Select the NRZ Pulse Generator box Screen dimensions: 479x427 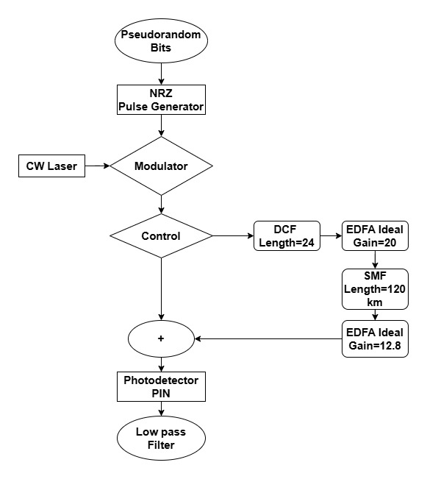pyautogui.click(x=161, y=100)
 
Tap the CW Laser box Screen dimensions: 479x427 pyautogui.click(x=51, y=166)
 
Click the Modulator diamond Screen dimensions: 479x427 pyautogui.click(x=161, y=166)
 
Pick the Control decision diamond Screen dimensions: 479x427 pyautogui.click(x=161, y=236)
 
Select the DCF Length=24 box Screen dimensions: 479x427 pyautogui.click(x=287, y=236)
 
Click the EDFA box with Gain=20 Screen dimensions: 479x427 pyautogui.click(x=376, y=236)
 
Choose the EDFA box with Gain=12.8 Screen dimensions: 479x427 pyautogui.click(x=376, y=338)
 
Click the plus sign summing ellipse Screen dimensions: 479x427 pyautogui.click(x=161, y=338)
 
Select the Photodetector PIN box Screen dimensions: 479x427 pyautogui.click(x=161, y=388)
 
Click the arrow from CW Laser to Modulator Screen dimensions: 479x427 pyautogui.click(x=97, y=166)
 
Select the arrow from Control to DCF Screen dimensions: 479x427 pyautogui.click(x=233, y=236)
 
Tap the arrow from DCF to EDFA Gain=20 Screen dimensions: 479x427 pyautogui.click(x=331, y=236)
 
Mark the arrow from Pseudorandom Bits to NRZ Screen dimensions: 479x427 pyautogui.click(x=161, y=74)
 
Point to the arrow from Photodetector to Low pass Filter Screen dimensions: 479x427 pyautogui.click(x=161, y=411)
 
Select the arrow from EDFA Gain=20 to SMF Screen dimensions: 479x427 pyautogui.click(x=376, y=260)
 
